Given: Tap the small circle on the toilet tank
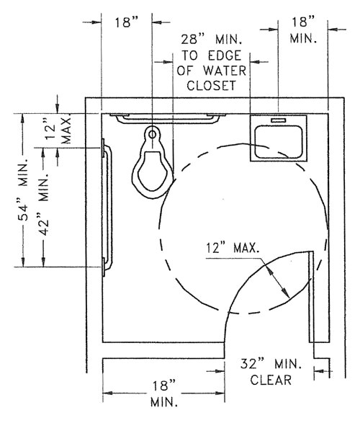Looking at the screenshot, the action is (x=153, y=134).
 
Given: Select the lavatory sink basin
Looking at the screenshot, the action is (x=279, y=142).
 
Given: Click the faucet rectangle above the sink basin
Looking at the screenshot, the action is (x=279, y=120).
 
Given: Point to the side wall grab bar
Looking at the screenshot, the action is (x=107, y=208).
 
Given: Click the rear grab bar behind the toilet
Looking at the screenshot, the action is (x=168, y=118).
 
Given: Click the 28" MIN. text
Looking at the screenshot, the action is (x=212, y=40).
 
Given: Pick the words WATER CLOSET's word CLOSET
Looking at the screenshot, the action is (x=211, y=86).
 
